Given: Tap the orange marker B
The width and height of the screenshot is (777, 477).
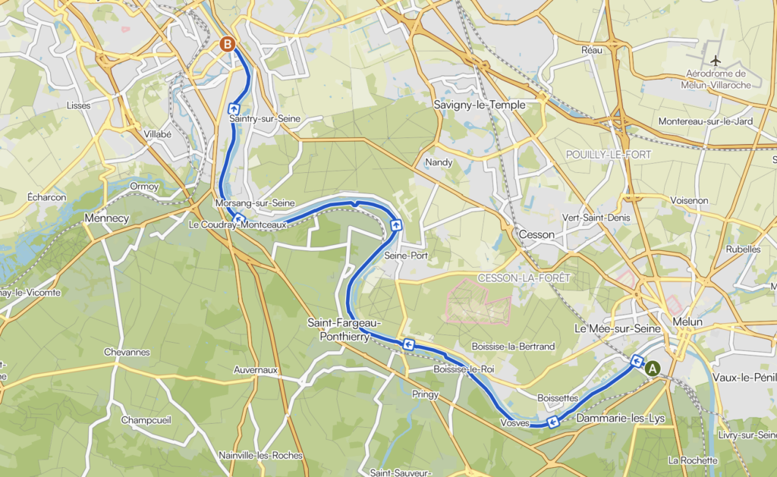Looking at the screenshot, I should [226, 44].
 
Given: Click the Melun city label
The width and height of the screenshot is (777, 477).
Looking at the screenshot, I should [687, 322].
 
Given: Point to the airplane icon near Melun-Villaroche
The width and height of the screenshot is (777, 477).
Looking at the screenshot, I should [715, 60].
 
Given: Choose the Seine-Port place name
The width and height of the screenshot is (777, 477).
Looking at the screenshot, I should [407, 256].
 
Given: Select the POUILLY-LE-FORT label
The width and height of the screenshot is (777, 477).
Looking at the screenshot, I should [609, 155].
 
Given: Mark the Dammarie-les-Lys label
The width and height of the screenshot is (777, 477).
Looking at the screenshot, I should [616, 418].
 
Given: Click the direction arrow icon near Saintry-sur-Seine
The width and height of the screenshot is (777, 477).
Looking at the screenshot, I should [234, 108].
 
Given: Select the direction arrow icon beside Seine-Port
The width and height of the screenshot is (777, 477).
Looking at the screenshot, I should [396, 225].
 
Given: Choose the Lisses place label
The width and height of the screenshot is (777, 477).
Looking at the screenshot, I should [78, 105].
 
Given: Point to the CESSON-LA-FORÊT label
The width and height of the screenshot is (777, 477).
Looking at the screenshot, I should [524, 278].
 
